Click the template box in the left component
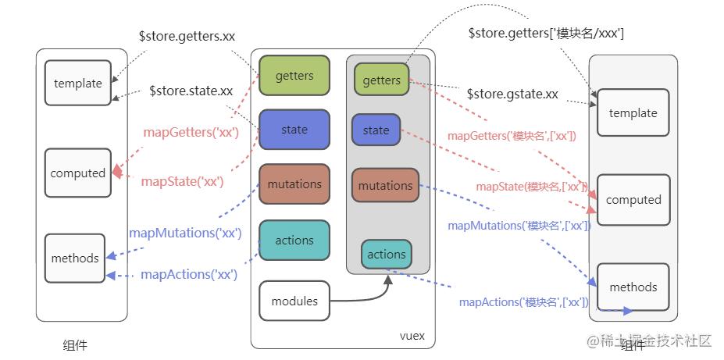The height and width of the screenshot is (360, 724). click(x=78, y=83)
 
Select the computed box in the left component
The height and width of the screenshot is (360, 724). click(x=78, y=173)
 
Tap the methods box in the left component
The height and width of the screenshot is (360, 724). click(x=75, y=258)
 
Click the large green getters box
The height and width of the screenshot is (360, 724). click(x=294, y=76)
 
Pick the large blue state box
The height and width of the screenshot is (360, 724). click(x=294, y=130)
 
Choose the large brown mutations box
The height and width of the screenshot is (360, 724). click(x=294, y=184)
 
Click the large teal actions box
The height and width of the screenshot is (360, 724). click(x=294, y=240)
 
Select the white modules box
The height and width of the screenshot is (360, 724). click(x=294, y=301)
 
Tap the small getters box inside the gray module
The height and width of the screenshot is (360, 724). click(x=381, y=80)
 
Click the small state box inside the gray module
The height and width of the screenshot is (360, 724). click(x=376, y=130)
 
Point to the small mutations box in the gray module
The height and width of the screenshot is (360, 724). click(x=385, y=186)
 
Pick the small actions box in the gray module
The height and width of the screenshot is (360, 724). click(x=386, y=255)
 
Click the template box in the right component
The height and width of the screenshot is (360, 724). click(x=633, y=112)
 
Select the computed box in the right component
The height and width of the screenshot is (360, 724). click(x=633, y=200)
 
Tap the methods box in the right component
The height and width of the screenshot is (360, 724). click(x=633, y=287)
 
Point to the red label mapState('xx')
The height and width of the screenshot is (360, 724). click(x=182, y=182)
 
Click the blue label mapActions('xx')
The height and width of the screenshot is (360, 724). click(x=189, y=275)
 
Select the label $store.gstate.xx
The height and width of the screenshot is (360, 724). click(x=512, y=94)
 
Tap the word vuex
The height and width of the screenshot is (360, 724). click(x=412, y=336)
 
